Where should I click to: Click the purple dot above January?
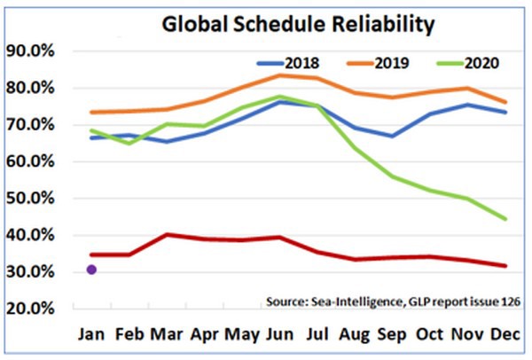90,270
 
